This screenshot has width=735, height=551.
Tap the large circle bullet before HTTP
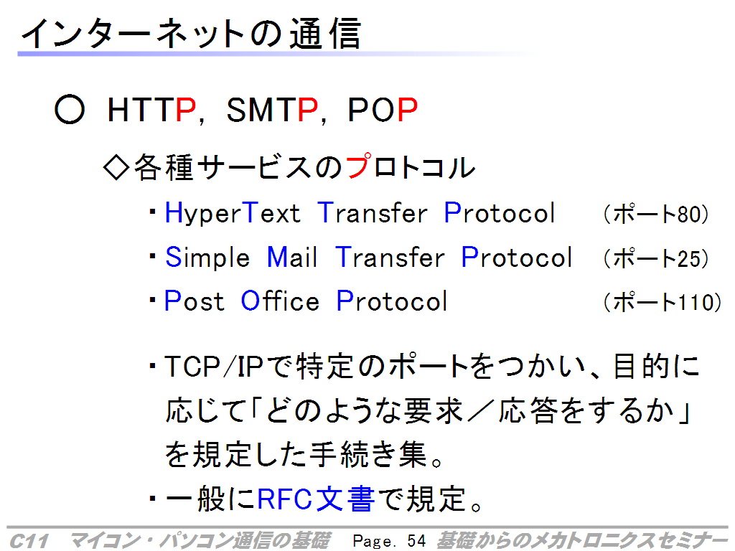point(70,110)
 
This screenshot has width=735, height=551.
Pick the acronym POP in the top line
point(383,110)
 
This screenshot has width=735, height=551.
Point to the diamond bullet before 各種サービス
point(116,167)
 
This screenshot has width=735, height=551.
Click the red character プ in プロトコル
point(359,166)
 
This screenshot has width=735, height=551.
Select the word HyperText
point(233,213)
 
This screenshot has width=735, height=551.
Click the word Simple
point(207,258)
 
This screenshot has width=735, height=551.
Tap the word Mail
point(291,257)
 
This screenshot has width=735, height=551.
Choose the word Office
point(280,301)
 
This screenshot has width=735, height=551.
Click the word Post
point(194,301)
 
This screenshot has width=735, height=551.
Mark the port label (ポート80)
point(656,214)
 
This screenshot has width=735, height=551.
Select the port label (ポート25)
point(656,258)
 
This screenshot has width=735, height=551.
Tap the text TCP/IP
point(213,366)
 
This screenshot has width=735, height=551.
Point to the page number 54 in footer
point(416,541)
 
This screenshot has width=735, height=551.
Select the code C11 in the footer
point(29,541)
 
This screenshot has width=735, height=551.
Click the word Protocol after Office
point(392,301)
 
